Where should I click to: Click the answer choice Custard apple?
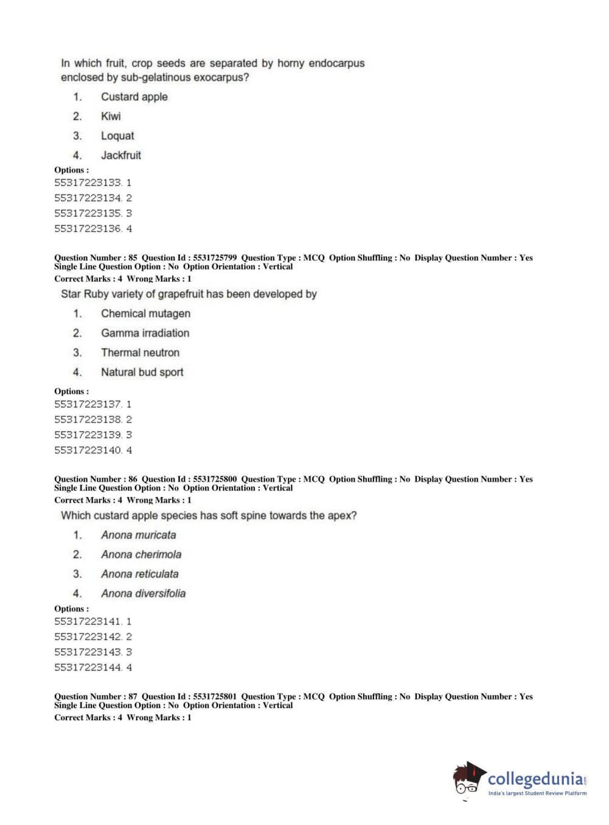[x=134, y=97]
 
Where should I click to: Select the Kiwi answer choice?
[x=111, y=116]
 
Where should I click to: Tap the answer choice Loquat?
[x=117, y=136]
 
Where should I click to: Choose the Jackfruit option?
[x=120, y=155]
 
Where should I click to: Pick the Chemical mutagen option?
[x=145, y=313]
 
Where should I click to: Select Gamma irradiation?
[x=145, y=333]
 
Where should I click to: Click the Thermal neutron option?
[x=140, y=352]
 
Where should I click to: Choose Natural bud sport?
[x=142, y=372]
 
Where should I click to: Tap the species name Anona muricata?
[x=138, y=535]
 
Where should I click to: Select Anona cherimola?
[x=141, y=554]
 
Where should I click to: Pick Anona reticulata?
[x=140, y=574]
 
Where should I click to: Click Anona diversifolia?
[x=143, y=593]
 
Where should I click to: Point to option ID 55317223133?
[x=88, y=183]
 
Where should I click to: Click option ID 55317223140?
[x=88, y=450]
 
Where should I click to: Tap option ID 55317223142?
[x=88, y=636]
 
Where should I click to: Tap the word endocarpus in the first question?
[x=336, y=63]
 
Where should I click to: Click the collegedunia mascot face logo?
[x=468, y=779]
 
